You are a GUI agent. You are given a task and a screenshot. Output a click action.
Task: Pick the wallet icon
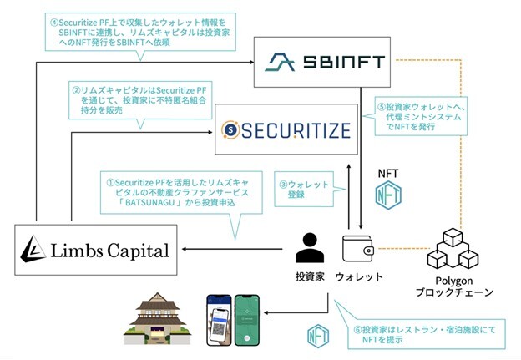(x=359, y=248)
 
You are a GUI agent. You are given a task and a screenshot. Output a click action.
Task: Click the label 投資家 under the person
(x=311, y=276)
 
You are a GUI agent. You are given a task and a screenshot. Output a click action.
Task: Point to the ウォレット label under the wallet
(x=359, y=276)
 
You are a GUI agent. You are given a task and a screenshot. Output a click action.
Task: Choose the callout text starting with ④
(x=134, y=30)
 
